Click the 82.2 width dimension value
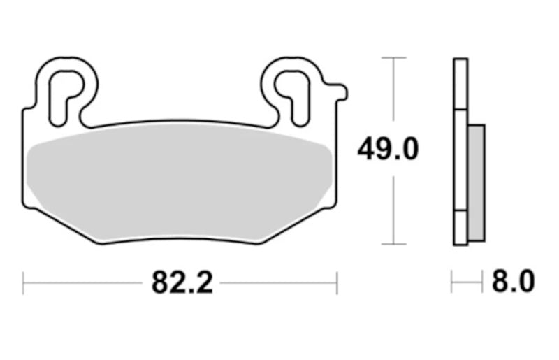pyautogui.click(x=182, y=282)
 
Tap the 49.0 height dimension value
pyautogui.click(x=388, y=149)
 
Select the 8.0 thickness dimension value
pyautogui.click(x=514, y=282)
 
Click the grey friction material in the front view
pyautogui.click(x=180, y=182)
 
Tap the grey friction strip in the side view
pyautogui.click(x=476, y=182)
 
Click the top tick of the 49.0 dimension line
pyautogui.click(x=393, y=57)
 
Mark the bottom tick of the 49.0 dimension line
pyautogui.click(x=393, y=245)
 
